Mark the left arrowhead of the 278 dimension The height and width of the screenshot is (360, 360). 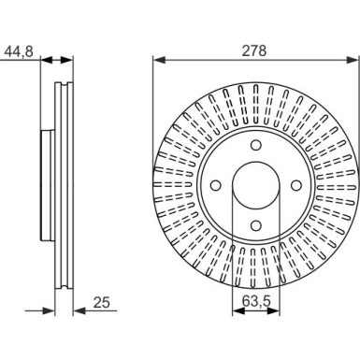point(157,63)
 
